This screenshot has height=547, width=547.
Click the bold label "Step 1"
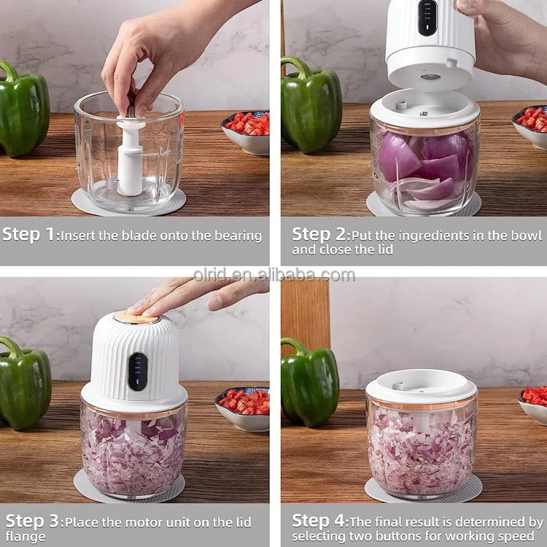(x=30, y=235)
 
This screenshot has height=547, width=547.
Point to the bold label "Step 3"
(x=34, y=521)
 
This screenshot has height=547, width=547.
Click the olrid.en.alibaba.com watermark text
(x=273, y=275)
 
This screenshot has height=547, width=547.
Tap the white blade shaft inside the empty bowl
(x=131, y=157)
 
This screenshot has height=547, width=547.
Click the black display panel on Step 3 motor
(x=137, y=371)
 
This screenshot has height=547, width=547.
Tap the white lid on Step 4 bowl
(x=421, y=387)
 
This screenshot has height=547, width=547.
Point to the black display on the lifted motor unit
(x=428, y=16)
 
